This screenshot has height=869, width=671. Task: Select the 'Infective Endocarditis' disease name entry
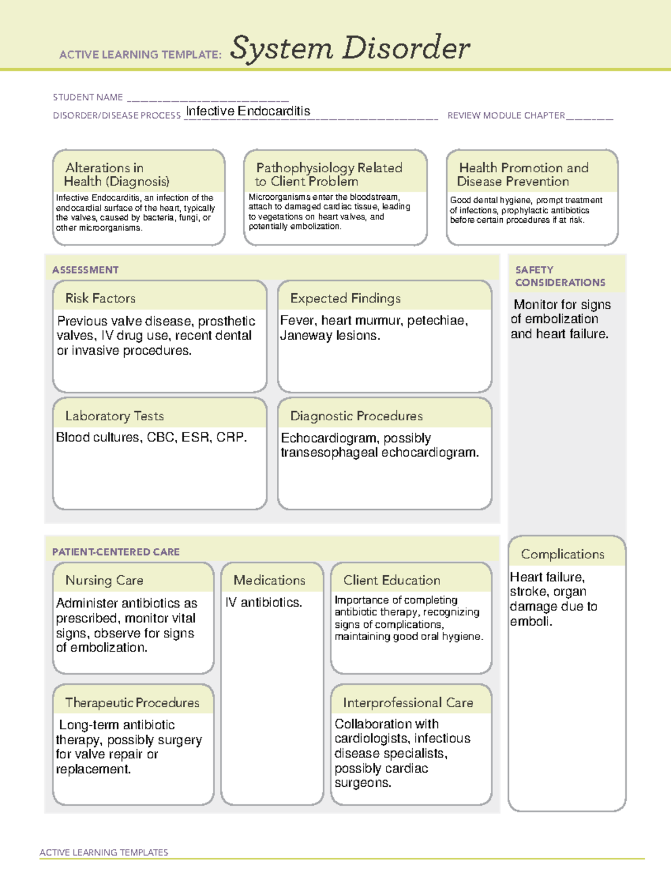[248, 111]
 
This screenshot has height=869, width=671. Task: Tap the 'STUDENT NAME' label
[88, 97]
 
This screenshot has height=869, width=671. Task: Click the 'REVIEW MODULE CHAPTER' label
[506, 115]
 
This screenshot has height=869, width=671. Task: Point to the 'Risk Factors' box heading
[101, 298]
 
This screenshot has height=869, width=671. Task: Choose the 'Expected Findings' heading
[345, 298]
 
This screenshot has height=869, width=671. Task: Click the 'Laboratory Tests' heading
[115, 416]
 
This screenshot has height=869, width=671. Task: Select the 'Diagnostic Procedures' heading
[356, 416]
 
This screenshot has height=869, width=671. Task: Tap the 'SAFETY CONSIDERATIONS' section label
[560, 276]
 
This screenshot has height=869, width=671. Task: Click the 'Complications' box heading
[563, 554]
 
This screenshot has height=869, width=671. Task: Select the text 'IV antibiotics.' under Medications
[264, 603]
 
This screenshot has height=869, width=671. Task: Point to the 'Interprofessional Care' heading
[408, 703]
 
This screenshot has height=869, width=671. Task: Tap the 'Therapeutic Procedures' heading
[132, 703]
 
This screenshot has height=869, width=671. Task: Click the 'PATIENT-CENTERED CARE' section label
[116, 552]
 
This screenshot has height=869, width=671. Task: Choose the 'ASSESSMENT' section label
[86, 270]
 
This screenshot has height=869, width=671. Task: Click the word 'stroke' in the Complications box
[528, 592]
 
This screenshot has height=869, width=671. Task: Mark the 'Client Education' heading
[391, 580]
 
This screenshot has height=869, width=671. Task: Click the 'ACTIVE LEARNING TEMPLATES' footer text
[104, 852]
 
